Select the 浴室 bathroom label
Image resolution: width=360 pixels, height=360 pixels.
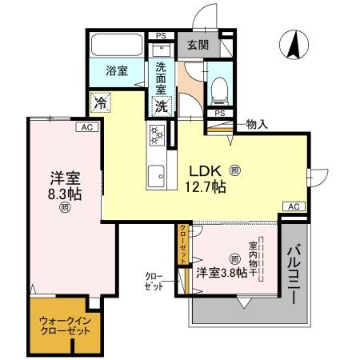coord(117,70)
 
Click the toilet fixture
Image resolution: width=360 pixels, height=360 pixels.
coord(218,88)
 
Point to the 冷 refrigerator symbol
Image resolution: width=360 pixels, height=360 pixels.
coord(101,102)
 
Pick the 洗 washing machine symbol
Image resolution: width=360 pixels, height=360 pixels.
coord(162,104)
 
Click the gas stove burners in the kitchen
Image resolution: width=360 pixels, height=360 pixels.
coord(156,135)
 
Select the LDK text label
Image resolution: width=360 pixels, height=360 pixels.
coord(206,170)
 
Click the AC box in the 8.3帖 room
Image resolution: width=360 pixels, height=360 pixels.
coord(85,127)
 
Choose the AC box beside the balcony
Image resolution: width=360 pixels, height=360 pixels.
coord(294,206)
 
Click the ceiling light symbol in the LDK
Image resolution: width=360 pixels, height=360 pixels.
coord(234,170)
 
